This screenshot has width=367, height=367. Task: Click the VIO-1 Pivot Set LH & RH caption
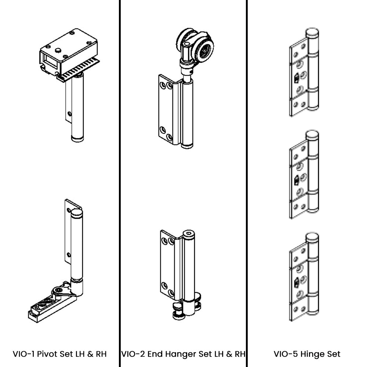tap(60, 354)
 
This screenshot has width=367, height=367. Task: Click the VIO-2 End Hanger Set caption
tap(183, 354)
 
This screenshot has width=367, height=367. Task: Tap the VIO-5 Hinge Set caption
tap(307, 354)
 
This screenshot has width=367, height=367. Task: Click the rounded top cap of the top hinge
tap(312, 34)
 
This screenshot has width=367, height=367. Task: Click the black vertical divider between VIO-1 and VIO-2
tap(120, 183)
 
